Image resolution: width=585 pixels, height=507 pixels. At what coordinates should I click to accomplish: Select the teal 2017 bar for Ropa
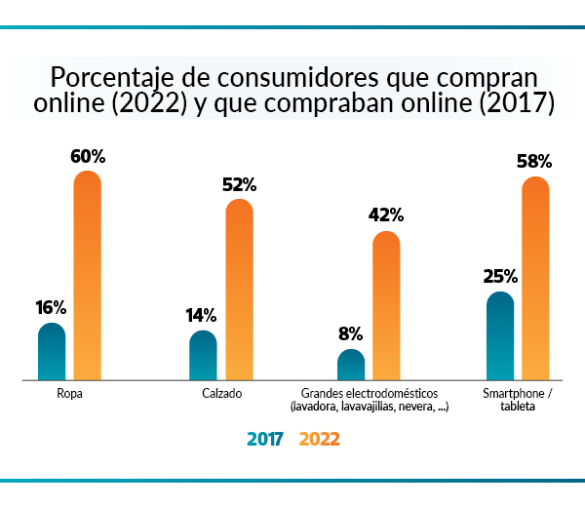click(52, 351)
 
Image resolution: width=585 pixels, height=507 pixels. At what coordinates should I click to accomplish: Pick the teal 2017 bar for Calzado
click(203, 355)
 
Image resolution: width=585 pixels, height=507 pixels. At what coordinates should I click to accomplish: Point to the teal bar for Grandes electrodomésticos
click(351, 365)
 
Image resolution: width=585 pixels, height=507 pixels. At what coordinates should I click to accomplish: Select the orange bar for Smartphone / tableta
click(536, 278)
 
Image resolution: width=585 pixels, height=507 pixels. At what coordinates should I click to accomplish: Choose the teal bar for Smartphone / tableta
click(500, 335)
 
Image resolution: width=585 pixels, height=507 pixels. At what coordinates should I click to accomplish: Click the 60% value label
click(88, 156)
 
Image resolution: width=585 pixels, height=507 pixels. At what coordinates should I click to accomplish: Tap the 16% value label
click(51, 307)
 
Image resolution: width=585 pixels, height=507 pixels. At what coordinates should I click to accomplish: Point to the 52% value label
click(239, 184)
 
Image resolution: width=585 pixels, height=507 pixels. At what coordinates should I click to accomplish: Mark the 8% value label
click(351, 333)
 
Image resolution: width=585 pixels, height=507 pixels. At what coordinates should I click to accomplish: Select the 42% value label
click(387, 215)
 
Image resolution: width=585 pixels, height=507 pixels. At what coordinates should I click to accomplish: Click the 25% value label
click(500, 276)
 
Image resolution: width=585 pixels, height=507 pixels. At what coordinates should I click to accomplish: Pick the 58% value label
click(536, 161)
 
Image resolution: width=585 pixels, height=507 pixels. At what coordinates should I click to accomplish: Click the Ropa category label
click(69, 394)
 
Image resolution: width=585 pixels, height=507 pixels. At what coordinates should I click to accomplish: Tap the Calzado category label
click(221, 394)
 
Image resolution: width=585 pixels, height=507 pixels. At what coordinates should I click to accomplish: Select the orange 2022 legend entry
click(319, 440)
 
